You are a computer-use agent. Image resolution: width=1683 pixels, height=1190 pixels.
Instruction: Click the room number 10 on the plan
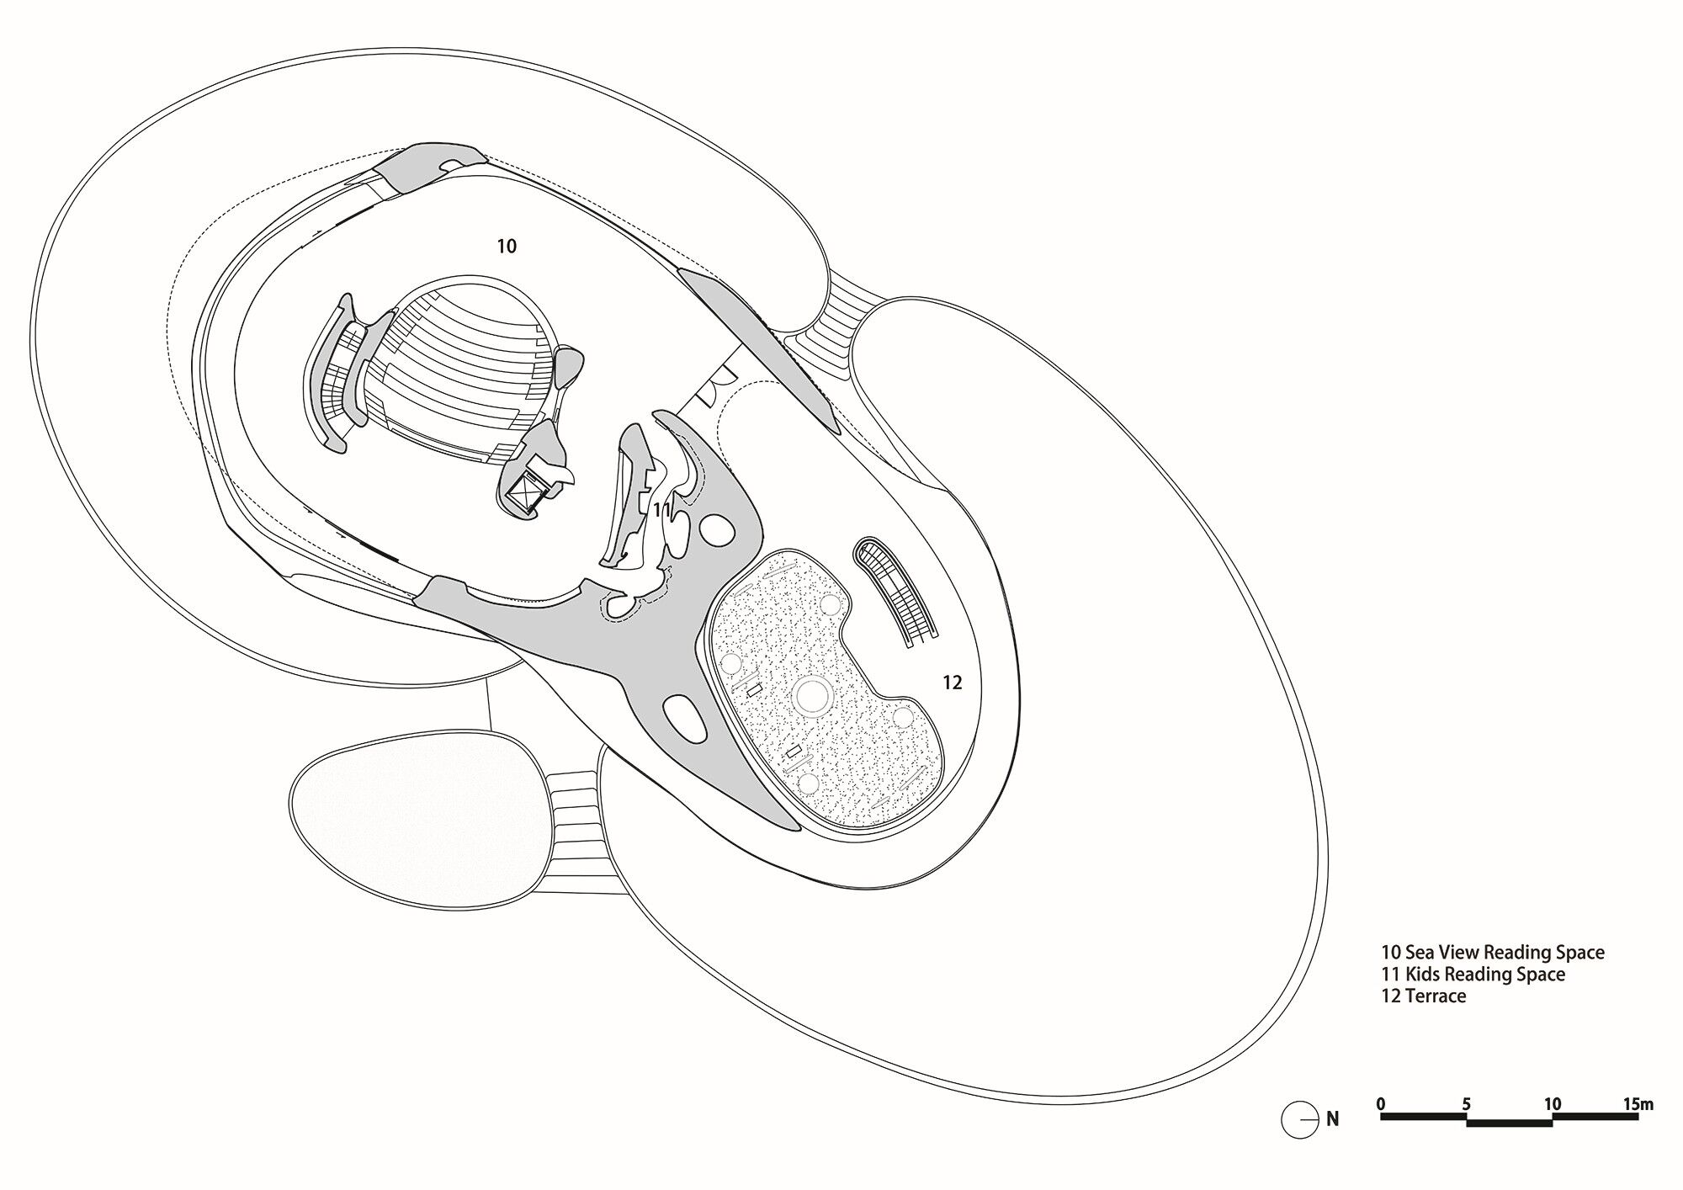(506, 247)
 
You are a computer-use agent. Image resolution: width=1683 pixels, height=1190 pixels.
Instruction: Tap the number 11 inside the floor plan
(661, 510)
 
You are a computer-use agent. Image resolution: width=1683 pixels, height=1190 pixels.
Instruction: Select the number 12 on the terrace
(952, 683)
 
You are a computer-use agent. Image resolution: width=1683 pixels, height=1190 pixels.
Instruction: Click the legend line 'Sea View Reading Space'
(1492, 953)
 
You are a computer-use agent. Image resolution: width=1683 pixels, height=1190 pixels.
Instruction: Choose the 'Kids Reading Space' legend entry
(1473, 975)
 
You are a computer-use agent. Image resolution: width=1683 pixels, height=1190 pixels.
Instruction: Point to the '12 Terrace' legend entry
(1423, 996)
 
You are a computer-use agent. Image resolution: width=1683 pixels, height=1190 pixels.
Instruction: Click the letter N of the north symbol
(1332, 1119)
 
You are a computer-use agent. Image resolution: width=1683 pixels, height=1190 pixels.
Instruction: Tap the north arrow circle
(1299, 1120)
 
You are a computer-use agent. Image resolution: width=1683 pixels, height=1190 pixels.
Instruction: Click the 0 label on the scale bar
(1381, 1103)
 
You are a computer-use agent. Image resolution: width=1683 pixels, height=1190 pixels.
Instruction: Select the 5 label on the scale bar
(1466, 1103)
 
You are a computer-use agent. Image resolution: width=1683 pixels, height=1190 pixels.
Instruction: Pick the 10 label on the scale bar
(1552, 1103)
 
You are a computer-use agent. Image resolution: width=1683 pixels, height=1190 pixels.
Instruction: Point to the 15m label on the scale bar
(1638, 1103)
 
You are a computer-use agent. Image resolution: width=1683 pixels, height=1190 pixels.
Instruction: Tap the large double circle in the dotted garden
(812, 696)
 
